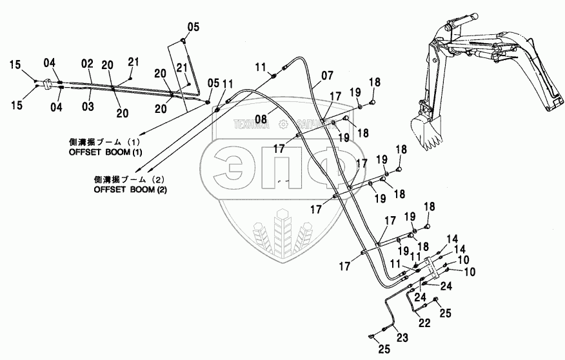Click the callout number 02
(x=88, y=65)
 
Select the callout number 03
(x=88, y=105)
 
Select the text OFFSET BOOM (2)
(x=130, y=190)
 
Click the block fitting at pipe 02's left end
(x=47, y=84)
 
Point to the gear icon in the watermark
(x=282, y=125)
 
